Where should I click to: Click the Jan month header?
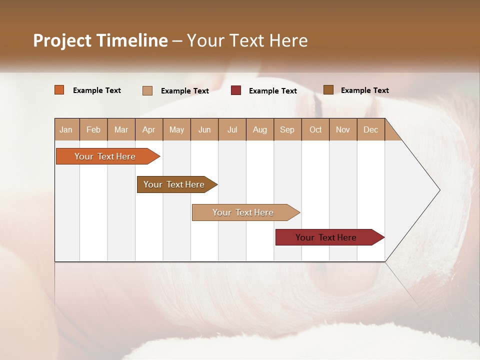(66, 130)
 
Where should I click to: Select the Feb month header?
(93, 130)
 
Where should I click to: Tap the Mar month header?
(121, 130)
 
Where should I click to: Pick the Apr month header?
(149, 130)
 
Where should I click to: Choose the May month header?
(176, 130)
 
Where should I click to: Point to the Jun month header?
(204, 130)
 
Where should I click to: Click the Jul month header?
(232, 130)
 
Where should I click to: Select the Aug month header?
(260, 130)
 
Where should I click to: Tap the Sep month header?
(287, 130)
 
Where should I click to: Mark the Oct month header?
(315, 130)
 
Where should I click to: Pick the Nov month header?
(343, 130)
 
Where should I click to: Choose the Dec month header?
(371, 130)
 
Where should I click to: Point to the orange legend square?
(59, 90)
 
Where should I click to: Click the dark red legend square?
(236, 90)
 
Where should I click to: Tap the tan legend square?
(147, 90)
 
